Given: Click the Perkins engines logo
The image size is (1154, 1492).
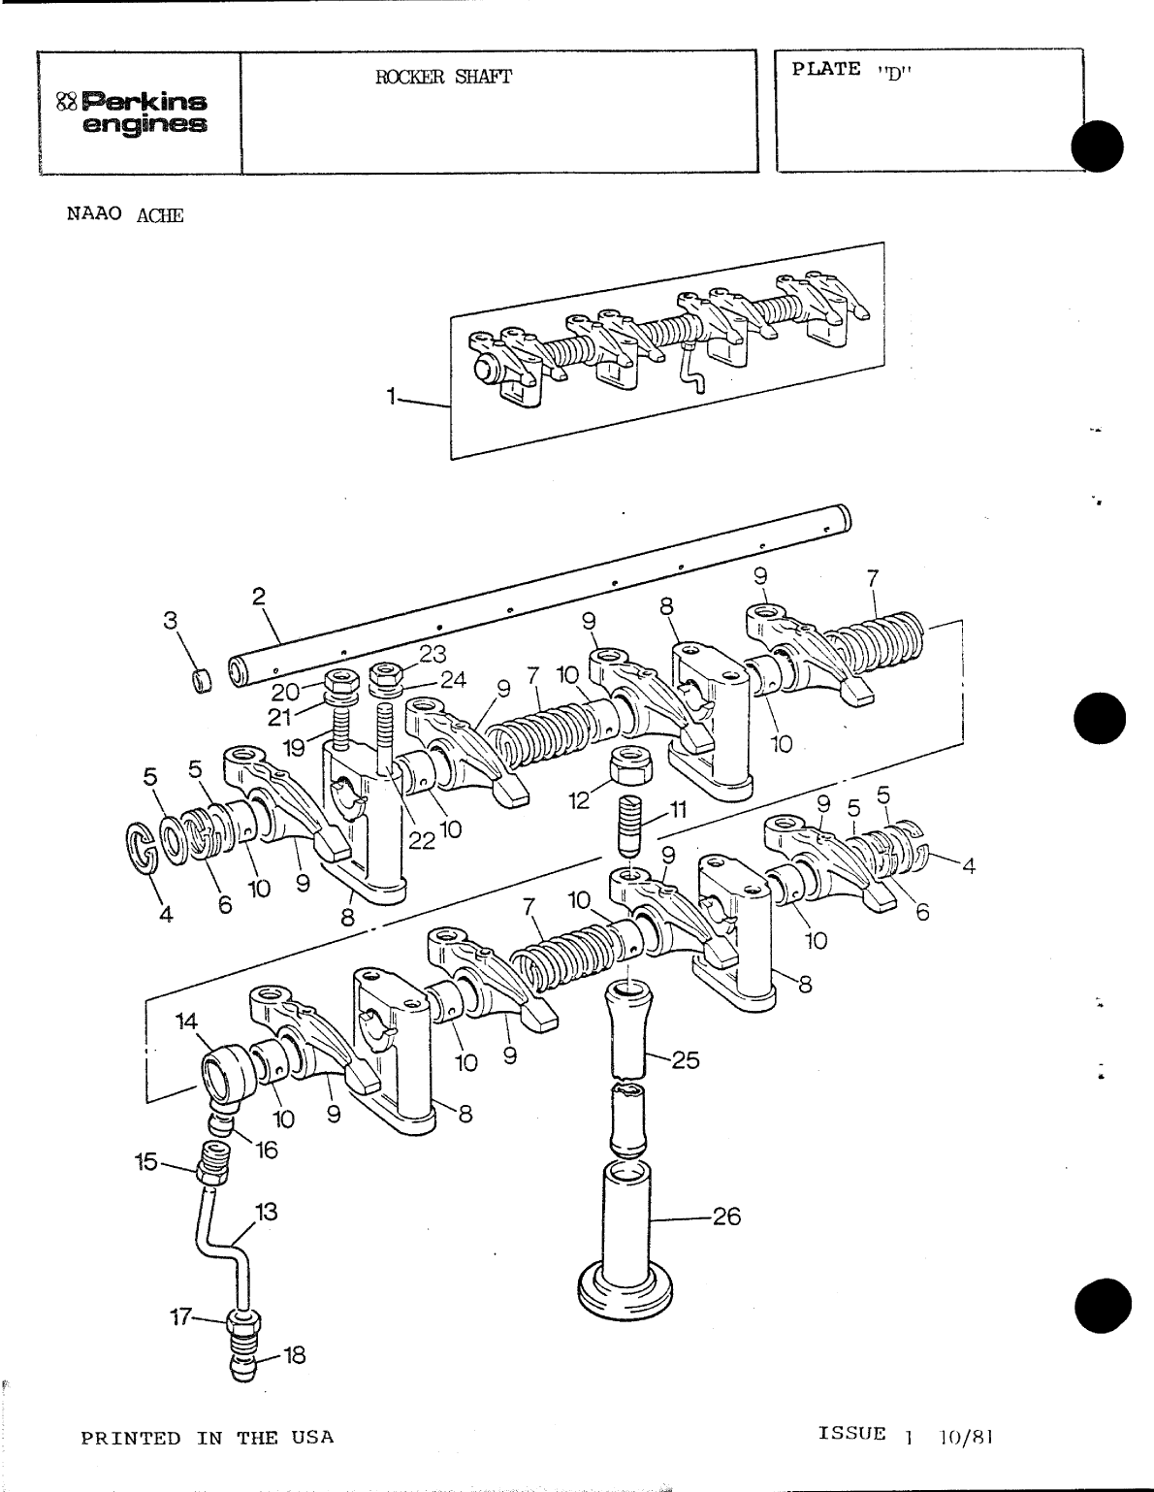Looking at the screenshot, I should pyautogui.click(x=133, y=113).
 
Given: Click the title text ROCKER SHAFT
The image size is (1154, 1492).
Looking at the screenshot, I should pyautogui.click(x=443, y=78).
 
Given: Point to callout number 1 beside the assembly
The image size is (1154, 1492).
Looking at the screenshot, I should pyautogui.click(x=391, y=396).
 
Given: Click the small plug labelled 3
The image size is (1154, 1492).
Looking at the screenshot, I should pyautogui.click(x=202, y=681).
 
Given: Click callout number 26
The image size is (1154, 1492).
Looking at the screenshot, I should pyautogui.click(x=726, y=1216).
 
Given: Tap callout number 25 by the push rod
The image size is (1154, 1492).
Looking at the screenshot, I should pyautogui.click(x=685, y=1059).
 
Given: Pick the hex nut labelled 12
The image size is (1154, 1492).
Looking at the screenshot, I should pyautogui.click(x=630, y=766).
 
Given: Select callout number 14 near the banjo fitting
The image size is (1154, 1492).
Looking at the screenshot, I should pyautogui.click(x=186, y=1021).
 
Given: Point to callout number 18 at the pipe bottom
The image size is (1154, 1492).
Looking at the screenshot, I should pyautogui.click(x=293, y=1354).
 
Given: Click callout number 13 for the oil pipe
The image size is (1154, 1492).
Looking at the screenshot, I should pyautogui.click(x=266, y=1211).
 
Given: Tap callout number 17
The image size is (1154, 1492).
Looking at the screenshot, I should pyautogui.click(x=180, y=1316).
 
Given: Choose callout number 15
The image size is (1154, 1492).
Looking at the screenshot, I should pyautogui.click(x=145, y=1161).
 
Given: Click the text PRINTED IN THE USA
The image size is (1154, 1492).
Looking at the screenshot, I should pyautogui.click(x=207, y=1438).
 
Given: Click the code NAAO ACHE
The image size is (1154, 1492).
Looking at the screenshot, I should pyautogui.click(x=125, y=214).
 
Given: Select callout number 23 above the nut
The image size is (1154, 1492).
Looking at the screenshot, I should pyautogui.click(x=432, y=654).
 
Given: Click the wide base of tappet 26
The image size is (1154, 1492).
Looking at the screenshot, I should pyautogui.click(x=625, y=1290).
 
